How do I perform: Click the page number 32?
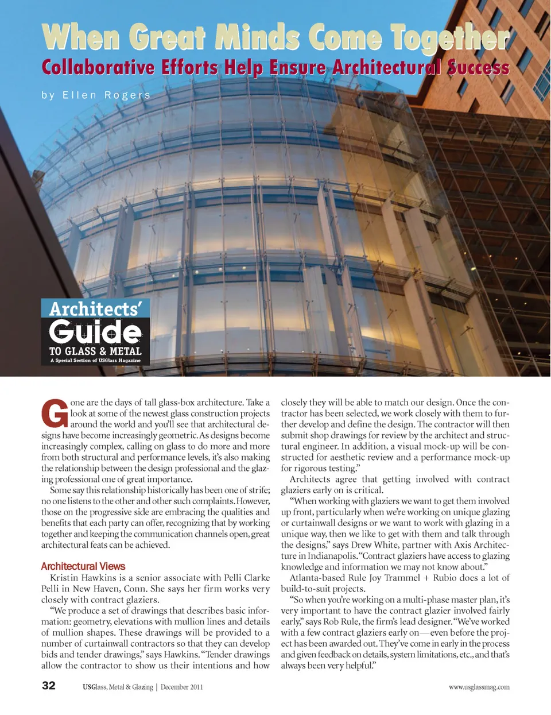(49, 685)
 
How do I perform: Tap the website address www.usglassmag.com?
(479, 687)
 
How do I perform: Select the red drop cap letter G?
(55, 413)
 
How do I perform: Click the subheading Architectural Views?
(83, 566)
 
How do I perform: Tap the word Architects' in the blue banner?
(95, 309)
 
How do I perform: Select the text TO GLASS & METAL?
(95, 351)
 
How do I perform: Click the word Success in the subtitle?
(478, 68)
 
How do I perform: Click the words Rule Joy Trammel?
(382, 578)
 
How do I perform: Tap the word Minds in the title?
(257, 38)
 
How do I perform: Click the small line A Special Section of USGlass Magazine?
(95, 361)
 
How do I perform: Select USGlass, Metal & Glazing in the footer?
(118, 687)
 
